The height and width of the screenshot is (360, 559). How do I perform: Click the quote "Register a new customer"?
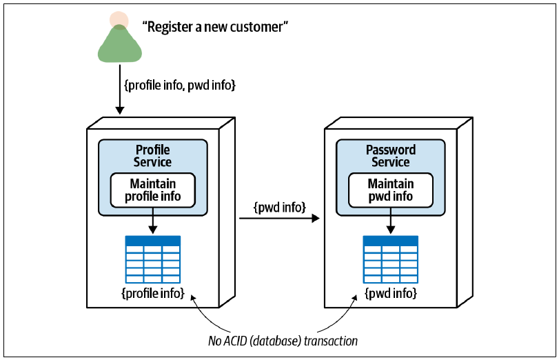coord(215,27)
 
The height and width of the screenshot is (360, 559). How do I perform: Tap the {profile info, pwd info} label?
coord(180,86)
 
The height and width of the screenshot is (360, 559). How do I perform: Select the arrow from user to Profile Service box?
coord(120,89)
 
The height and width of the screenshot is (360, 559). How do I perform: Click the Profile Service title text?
coord(152,156)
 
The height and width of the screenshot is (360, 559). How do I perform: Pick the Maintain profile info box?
coord(152,190)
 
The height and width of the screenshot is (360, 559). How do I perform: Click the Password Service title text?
coord(391,156)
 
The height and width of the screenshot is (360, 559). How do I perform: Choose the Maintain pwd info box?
coord(391,190)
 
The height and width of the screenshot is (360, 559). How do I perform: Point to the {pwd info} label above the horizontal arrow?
coord(280,208)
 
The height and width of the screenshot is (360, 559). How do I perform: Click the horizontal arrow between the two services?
coord(280,218)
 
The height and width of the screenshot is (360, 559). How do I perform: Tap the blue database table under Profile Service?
coord(153,259)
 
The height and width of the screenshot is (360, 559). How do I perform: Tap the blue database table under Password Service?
coord(391,259)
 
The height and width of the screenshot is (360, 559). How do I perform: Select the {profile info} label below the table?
coord(153,293)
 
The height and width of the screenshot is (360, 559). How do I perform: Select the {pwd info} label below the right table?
coord(391,293)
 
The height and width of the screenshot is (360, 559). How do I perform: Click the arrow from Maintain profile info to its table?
coord(152,221)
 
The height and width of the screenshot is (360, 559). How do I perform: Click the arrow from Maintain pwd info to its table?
coord(391,221)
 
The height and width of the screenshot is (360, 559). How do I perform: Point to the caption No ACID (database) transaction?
coord(283,341)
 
